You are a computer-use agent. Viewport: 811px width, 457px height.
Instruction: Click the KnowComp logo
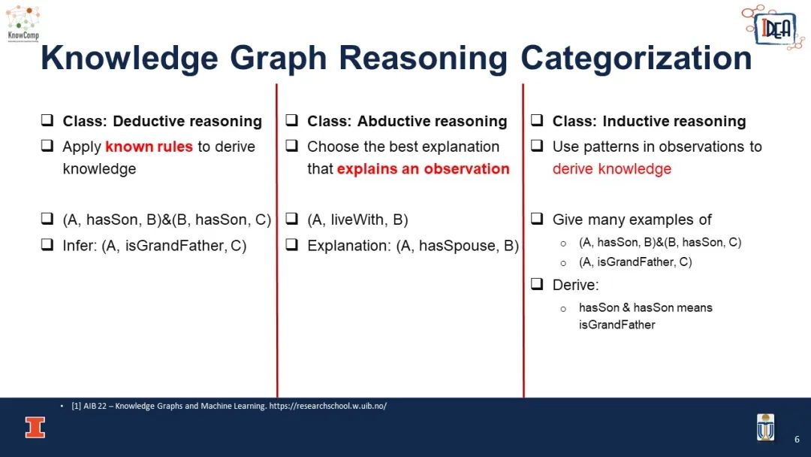point(23,24)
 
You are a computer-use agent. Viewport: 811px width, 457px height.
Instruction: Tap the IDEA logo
point(773,27)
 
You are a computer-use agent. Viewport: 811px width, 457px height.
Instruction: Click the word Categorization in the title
point(636,58)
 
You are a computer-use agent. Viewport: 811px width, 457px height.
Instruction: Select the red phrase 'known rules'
point(149,147)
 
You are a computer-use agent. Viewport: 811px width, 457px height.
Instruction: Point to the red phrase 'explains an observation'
point(423,168)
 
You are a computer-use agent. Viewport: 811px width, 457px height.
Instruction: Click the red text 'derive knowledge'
point(612,168)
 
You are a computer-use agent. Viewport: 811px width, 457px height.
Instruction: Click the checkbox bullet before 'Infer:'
point(47,244)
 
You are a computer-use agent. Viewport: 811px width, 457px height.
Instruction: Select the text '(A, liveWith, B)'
point(357,220)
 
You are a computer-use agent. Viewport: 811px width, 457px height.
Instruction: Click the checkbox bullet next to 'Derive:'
point(537,283)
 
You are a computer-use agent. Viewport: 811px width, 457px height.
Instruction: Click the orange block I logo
point(35,428)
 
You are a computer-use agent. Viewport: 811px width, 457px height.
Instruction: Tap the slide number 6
point(797,439)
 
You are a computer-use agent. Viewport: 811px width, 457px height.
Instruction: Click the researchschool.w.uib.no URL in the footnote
point(328,406)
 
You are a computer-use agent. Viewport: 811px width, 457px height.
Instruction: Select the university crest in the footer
point(765,427)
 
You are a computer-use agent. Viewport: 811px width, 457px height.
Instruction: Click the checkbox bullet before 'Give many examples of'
point(537,219)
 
